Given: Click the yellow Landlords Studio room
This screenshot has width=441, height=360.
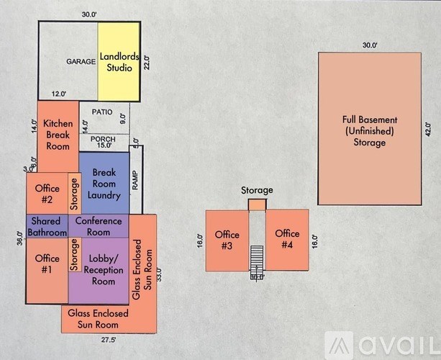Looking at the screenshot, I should [x=117, y=62].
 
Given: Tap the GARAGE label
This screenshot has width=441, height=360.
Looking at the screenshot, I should [x=81, y=62].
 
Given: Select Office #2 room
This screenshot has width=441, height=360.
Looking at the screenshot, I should [x=47, y=194].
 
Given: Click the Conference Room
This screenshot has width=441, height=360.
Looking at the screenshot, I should [x=98, y=226].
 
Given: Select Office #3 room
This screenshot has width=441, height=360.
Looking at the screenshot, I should [x=226, y=240].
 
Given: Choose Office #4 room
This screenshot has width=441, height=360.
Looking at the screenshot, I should [x=287, y=240].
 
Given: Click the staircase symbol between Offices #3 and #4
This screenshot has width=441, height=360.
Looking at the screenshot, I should [x=257, y=257].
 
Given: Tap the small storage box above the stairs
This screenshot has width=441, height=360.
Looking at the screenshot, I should [x=257, y=205].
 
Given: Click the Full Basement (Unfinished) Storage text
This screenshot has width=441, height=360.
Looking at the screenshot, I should [x=370, y=130].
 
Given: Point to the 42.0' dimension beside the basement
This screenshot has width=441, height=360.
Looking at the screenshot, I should [x=428, y=130].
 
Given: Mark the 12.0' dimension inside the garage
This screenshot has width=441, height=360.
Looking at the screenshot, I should [x=58, y=94].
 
